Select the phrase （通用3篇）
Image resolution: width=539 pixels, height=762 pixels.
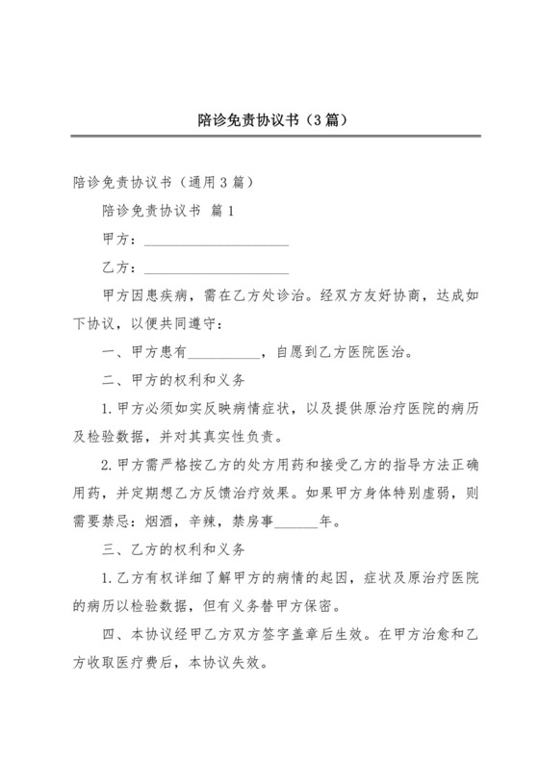tap(209, 181)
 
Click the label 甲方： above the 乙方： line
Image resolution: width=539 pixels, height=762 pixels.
tap(119, 239)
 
